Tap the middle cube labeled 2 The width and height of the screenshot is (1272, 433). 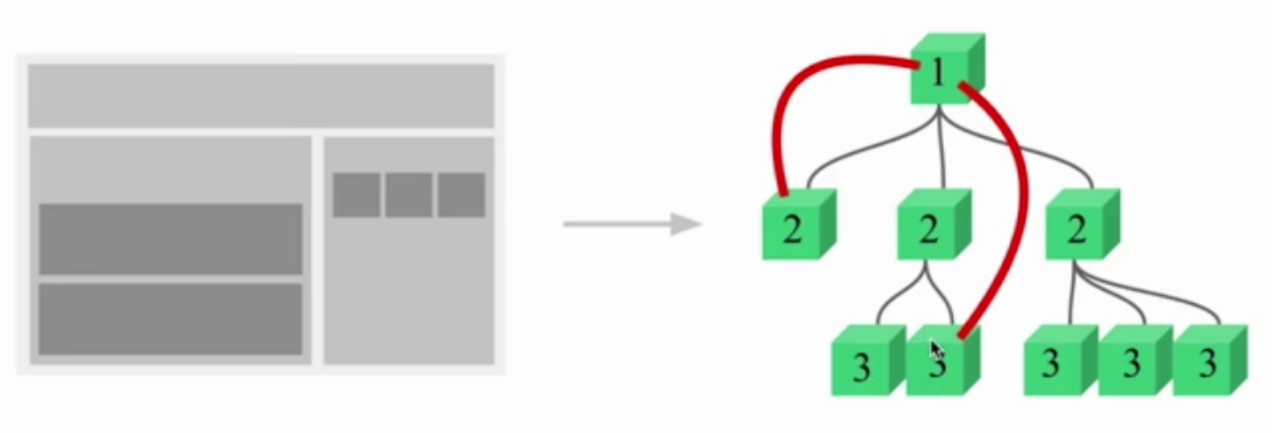[x=932, y=227]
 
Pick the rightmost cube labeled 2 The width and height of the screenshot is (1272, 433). [x=1080, y=227]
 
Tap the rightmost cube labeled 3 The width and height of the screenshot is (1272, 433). [x=1208, y=363]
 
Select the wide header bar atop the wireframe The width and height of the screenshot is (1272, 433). [x=260, y=95]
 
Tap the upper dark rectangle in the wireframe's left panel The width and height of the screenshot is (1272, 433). [x=171, y=238]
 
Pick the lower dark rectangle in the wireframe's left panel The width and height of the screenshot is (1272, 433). [x=171, y=319]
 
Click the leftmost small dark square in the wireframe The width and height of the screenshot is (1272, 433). [x=356, y=195]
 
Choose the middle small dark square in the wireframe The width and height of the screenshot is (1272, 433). [x=408, y=195]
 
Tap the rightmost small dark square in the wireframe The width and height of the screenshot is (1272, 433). [x=462, y=195]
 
